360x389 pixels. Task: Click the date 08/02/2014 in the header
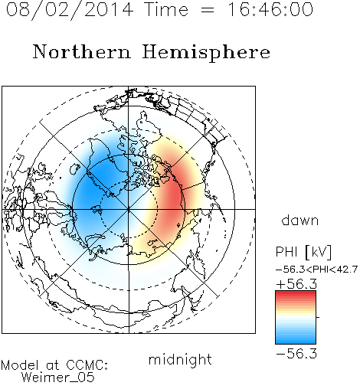[x=70, y=10]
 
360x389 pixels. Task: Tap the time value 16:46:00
[x=270, y=9]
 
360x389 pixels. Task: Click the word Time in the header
[x=166, y=9]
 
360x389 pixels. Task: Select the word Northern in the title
[x=82, y=51]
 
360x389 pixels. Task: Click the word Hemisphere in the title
[x=206, y=53]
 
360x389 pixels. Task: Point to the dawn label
[x=300, y=220]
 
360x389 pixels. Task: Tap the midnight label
[x=180, y=359]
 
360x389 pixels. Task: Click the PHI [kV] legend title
[x=304, y=252]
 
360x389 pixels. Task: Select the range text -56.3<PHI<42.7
[x=317, y=270]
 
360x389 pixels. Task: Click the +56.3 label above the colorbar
[x=296, y=284]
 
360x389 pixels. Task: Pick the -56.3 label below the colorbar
[x=296, y=353]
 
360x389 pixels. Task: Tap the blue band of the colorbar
[x=296, y=338]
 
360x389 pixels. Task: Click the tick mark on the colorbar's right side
[x=318, y=317]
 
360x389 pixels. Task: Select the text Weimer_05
[x=58, y=377]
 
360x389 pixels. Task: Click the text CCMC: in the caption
[x=87, y=365]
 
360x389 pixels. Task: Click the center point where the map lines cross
[x=129, y=209]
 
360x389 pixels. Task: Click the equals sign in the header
[x=208, y=10]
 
